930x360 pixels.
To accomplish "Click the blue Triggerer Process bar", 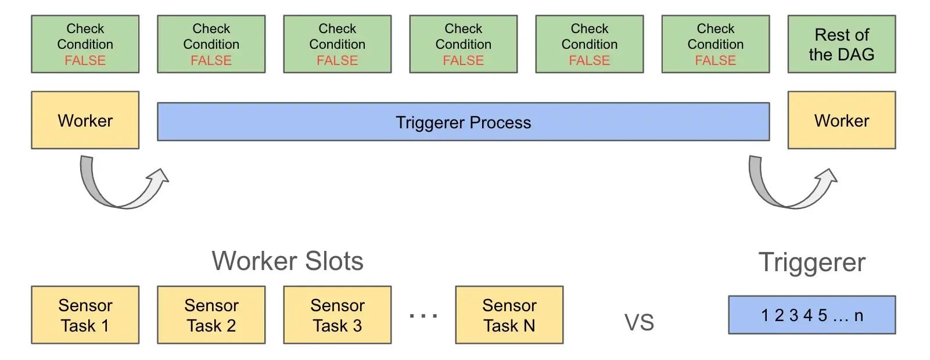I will (x=463, y=122).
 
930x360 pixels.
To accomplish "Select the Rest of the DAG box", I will (x=841, y=44).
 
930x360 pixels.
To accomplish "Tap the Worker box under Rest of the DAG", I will (x=841, y=120).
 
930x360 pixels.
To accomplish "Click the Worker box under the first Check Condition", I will (x=85, y=120).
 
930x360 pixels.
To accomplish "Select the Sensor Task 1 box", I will (x=85, y=315).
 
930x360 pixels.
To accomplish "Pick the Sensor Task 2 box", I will (x=211, y=315).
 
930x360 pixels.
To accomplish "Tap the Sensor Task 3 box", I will (x=337, y=315).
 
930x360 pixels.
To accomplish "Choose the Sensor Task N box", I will (x=509, y=315).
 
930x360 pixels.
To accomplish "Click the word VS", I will (x=639, y=322).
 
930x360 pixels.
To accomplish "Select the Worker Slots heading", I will (x=288, y=261).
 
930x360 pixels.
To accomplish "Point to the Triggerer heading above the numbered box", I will (x=811, y=262).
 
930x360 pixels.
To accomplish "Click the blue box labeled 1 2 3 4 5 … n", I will (x=811, y=315).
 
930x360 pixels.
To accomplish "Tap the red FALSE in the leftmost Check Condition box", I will (x=85, y=60).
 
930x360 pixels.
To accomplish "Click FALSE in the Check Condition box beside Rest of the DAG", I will (x=716, y=60).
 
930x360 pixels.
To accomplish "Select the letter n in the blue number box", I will (x=859, y=315).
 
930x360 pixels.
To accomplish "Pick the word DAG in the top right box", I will (x=857, y=55).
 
